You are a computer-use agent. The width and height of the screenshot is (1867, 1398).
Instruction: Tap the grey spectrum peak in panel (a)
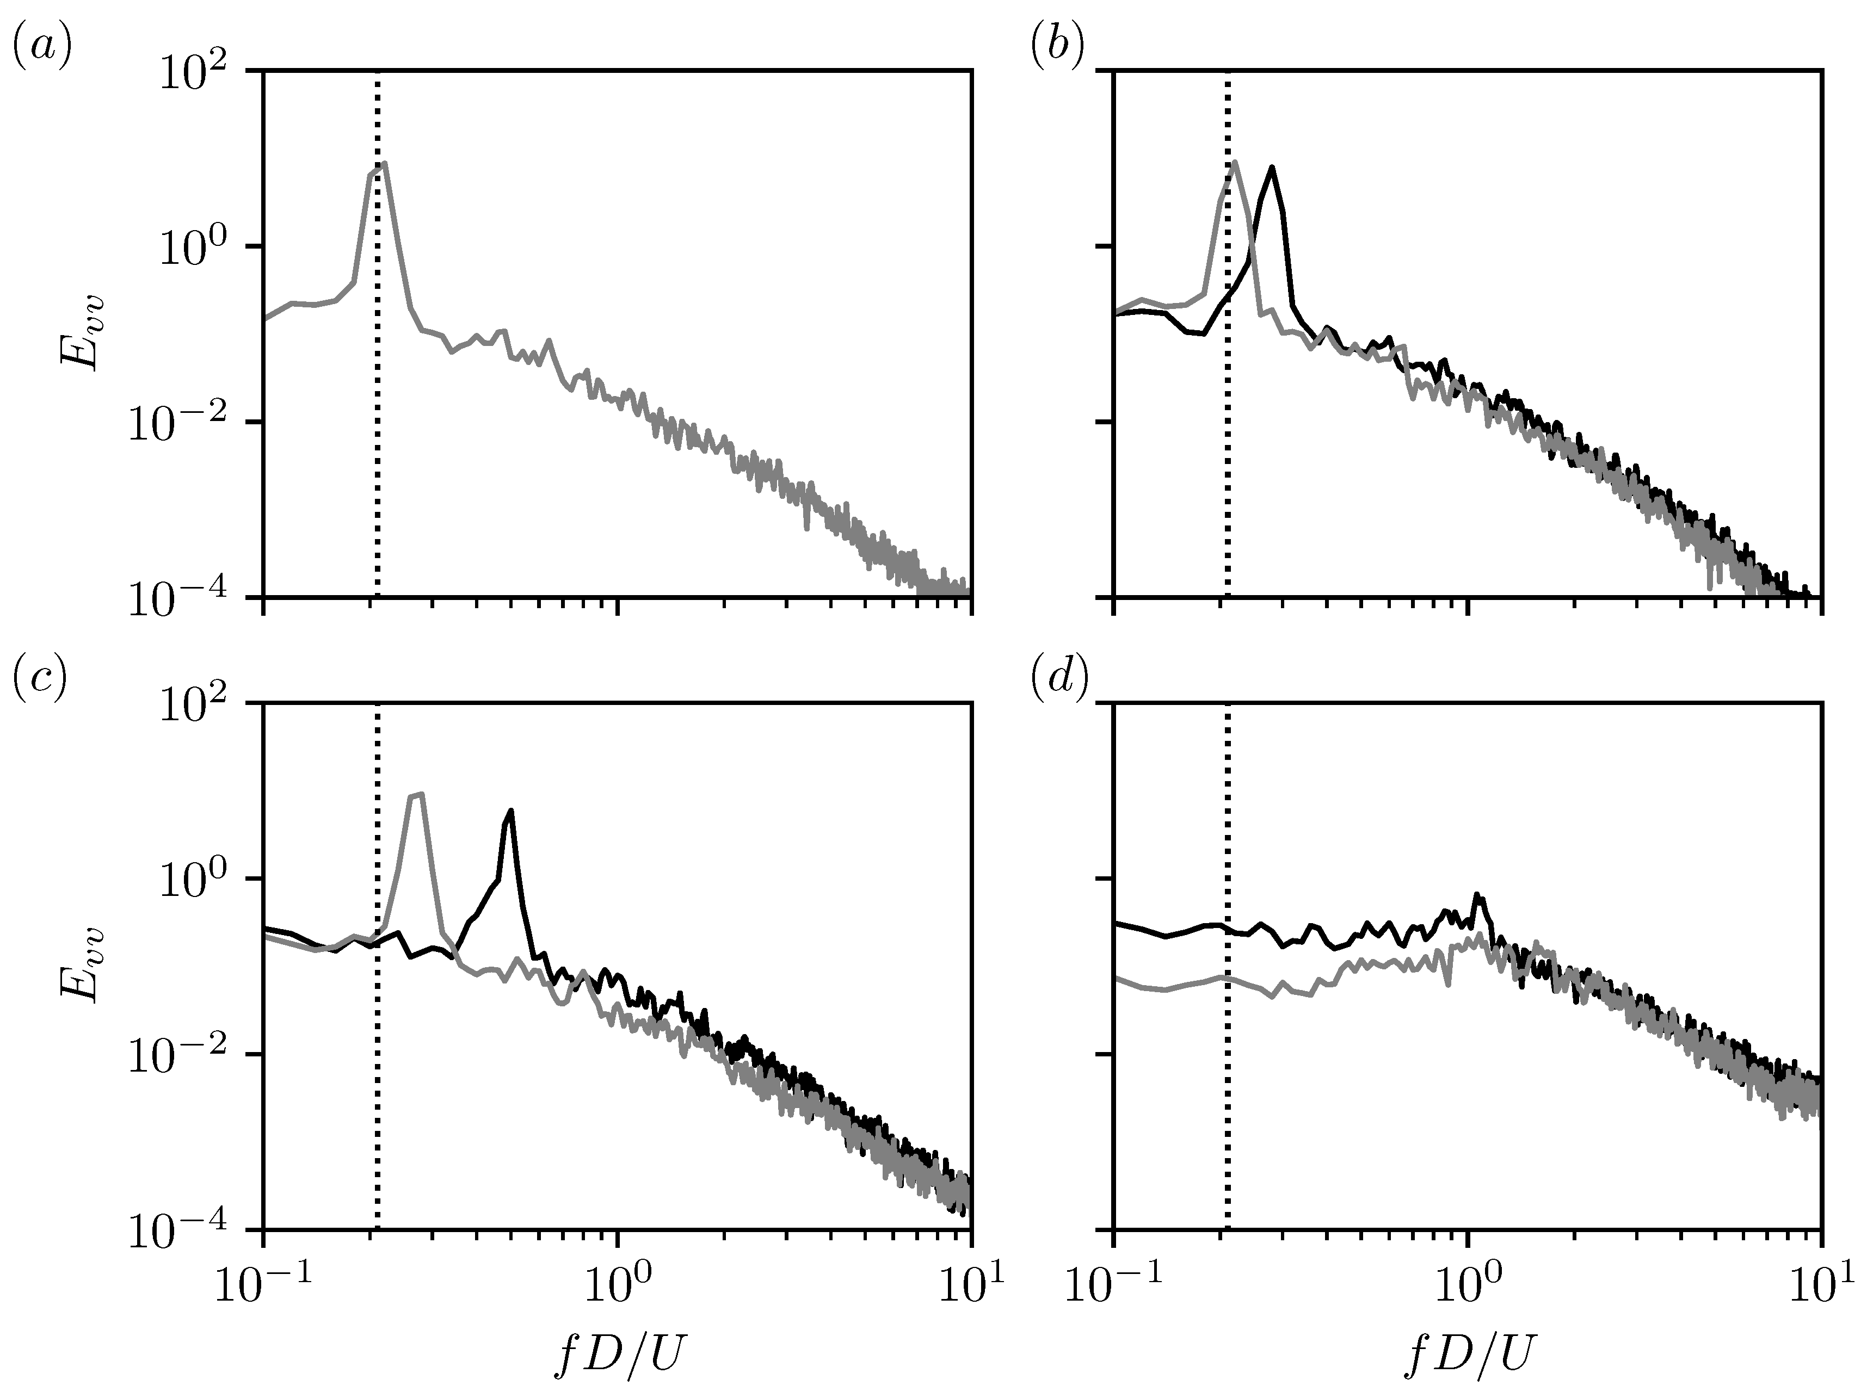pos(385,164)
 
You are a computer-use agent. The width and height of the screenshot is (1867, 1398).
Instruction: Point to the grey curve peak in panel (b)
pos(1235,162)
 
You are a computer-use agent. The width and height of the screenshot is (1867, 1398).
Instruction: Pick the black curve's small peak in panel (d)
pos(1476,894)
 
